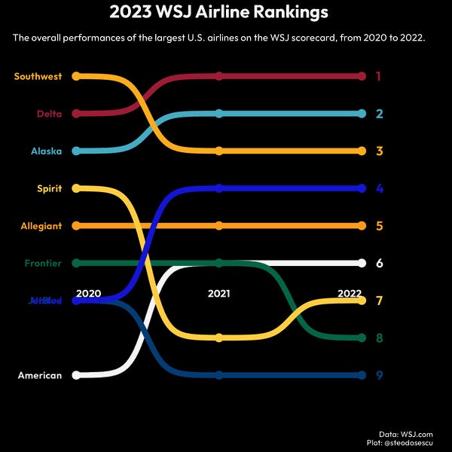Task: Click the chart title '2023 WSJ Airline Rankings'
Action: pyautogui.click(x=218, y=13)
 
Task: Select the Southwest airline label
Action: pyautogui.click(x=37, y=76)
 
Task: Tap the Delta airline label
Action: pyautogui.click(x=48, y=114)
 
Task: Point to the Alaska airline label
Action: pyautogui.click(x=46, y=151)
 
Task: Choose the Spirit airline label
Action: pyautogui.click(x=49, y=188)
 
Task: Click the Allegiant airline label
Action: pyautogui.click(x=42, y=226)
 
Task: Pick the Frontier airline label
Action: pyautogui.click(x=43, y=263)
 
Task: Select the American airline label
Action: pyautogui.click(x=40, y=375)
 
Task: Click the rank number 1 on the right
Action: pyautogui.click(x=379, y=76)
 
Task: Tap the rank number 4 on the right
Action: pyautogui.click(x=380, y=188)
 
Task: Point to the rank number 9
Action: pyautogui.click(x=380, y=375)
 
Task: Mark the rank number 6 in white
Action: pyautogui.click(x=380, y=263)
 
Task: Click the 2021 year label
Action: pyautogui.click(x=218, y=293)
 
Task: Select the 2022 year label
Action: pyautogui.click(x=350, y=293)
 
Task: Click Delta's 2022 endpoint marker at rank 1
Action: pyautogui.click(x=362, y=76)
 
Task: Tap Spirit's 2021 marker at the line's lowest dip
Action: pyautogui.click(x=218, y=337)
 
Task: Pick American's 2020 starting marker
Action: pyautogui.click(x=76, y=375)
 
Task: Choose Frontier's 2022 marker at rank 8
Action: pyautogui.click(x=362, y=337)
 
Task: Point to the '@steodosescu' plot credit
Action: pyautogui.click(x=413, y=444)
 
